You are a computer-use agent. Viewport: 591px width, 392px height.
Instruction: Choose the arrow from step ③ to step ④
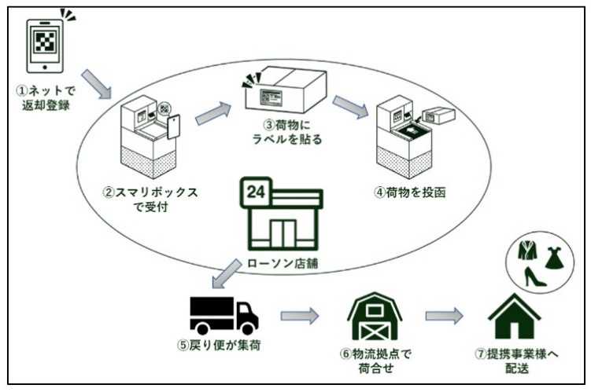[x=349, y=106]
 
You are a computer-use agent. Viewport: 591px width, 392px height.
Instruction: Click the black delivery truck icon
[x=223, y=314]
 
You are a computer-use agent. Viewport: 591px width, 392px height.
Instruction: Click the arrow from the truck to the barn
[x=300, y=317]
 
